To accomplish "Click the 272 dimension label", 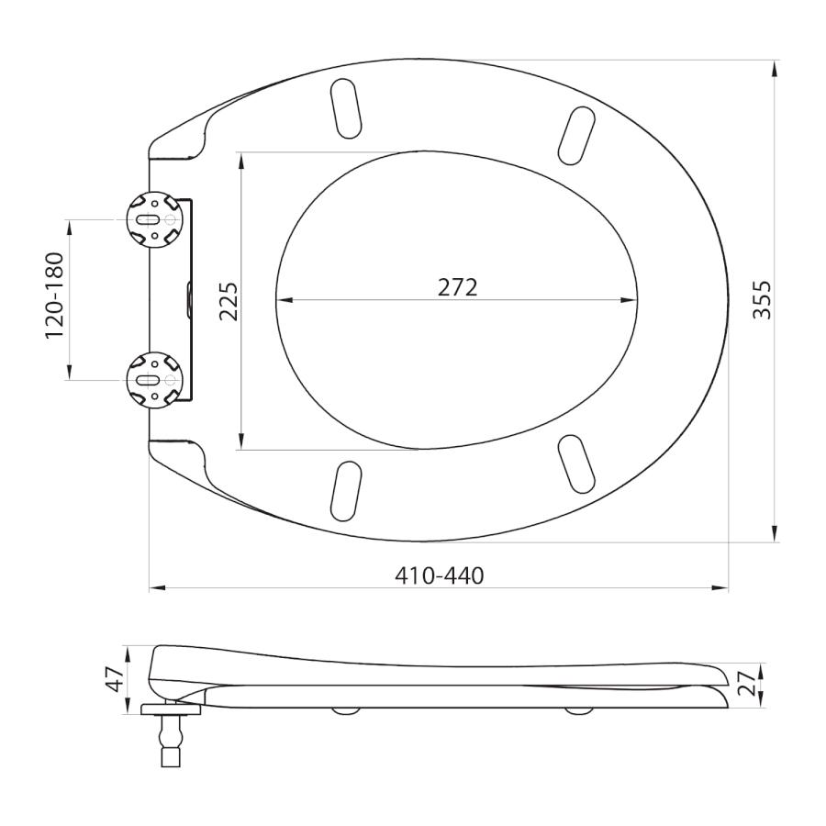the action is (x=457, y=287).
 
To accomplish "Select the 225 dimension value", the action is (x=229, y=302).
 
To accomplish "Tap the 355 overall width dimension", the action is (x=762, y=300).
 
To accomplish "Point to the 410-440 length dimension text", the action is (x=440, y=575).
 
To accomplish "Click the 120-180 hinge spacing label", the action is (x=54, y=296).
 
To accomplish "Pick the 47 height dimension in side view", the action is (x=115, y=679).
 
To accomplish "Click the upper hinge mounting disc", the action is (x=154, y=218).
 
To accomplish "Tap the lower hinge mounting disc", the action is (x=154, y=380).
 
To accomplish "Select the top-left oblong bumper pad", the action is (x=346, y=108).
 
